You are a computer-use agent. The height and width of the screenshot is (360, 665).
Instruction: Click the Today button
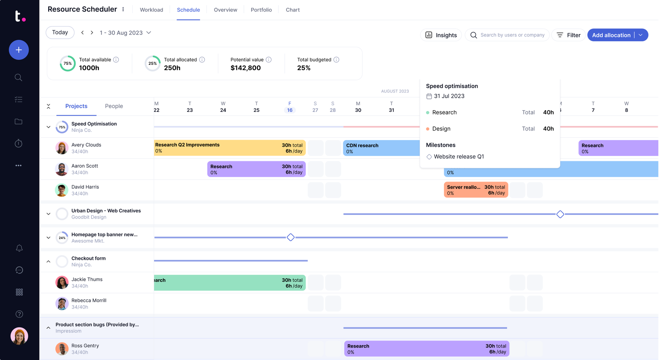pyautogui.click(x=60, y=32)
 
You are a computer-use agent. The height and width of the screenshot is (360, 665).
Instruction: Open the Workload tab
pyautogui.click(x=151, y=10)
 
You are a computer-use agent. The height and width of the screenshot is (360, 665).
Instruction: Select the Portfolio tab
pyautogui.click(x=261, y=10)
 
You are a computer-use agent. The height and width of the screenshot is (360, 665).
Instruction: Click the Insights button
pyautogui.click(x=441, y=35)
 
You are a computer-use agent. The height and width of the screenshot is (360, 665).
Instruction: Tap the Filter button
pyautogui.click(x=569, y=35)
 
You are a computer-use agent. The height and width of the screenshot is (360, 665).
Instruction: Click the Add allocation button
pyautogui.click(x=611, y=35)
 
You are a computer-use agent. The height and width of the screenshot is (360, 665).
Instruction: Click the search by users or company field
pyautogui.click(x=512, y=35)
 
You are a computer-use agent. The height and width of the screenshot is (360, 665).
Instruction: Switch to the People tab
pyautogui.click(x=114, y=106)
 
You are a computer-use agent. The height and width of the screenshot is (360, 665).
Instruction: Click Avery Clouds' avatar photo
pyautogui.click(x=62, y=148)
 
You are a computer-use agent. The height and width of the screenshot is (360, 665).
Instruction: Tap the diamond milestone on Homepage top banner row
pyautogui.click(x=291, y=237)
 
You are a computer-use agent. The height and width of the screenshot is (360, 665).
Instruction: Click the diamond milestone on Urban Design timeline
pyautogui.click(x=560, y=214)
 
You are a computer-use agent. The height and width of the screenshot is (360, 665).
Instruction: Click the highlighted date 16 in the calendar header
pyautogui.click(x=290, y=110)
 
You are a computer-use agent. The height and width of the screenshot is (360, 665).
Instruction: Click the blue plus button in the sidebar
pyautogui.click(x=19, y=50)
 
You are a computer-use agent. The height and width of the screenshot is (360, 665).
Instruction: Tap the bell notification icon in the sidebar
pyautogui.click(x=19, y=248)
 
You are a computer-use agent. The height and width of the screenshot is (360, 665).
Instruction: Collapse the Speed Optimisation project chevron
pyautogui.click(x=49, y=127)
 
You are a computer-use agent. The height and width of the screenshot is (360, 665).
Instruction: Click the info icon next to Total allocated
pyautogui.click(x=202, y=60)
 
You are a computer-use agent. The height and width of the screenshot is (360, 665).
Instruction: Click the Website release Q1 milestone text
pyautogui.click(x=459, y=157)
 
